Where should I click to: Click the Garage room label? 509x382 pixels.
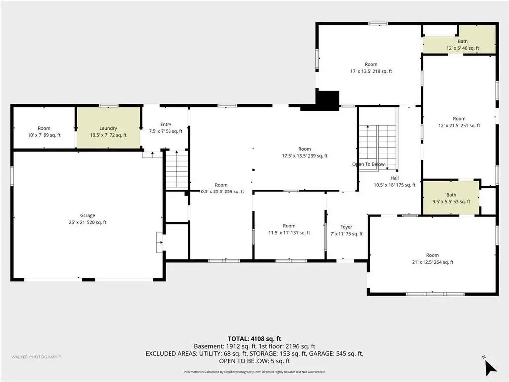click(87, 215)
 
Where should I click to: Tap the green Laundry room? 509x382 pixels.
click(108, 128)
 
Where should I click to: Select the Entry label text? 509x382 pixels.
click(166, 124)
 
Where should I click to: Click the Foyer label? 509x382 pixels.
click(346, 227)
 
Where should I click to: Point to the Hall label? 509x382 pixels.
click(394, 178)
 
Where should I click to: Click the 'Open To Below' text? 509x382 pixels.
click(368, 164)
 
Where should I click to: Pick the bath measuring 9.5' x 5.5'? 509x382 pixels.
click(451, 197)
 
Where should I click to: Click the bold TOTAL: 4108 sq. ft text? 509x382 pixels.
click(254, 339)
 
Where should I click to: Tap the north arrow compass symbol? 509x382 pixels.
click(490, 367)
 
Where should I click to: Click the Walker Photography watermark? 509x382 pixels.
click(36, 357)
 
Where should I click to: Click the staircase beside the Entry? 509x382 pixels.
click(177, 170)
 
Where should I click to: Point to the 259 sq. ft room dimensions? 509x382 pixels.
click(222, 191)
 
